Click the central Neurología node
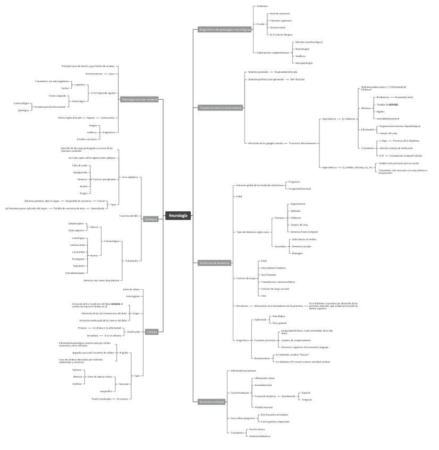tap(178, 215)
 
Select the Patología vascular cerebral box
tap(139, 99)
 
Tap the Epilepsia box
tap(151, 219)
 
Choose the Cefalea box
tap(151, 332)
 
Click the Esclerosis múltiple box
tap(212, 402)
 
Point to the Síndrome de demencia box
tap(215, 263)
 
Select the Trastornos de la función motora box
tap(220, 108)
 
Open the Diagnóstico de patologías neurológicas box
tap(224, 30)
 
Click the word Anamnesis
tap(262, 6)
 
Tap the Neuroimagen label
tap(302, 49)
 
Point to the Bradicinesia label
tap(383, 97)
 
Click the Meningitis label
tap(298, 253)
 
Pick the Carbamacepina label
tap(75, 223)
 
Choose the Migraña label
tap(123, 352)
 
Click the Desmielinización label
tap(264, 385)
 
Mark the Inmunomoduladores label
tap(260, 436)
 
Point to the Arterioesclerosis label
tap(94, 74)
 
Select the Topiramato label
tap(79, 266)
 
